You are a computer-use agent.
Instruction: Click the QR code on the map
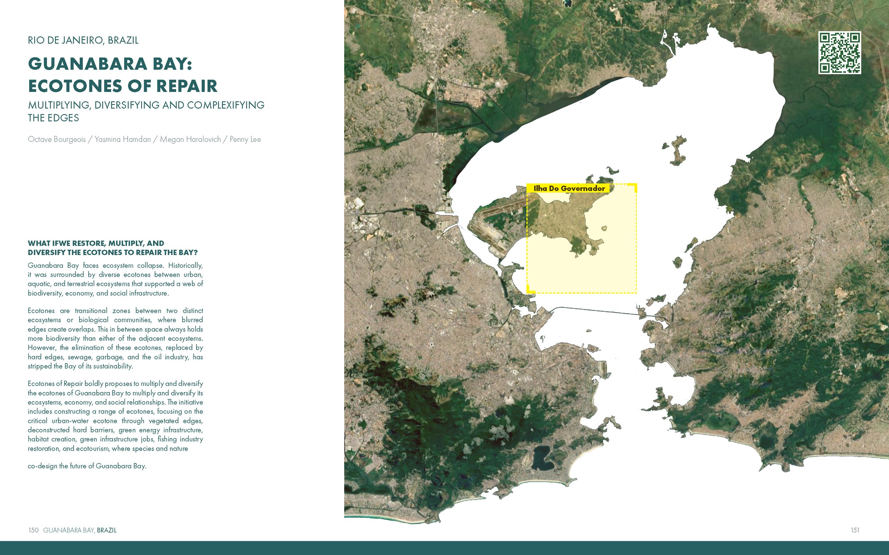(839, 53)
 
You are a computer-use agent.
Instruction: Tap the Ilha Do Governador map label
(569, 189)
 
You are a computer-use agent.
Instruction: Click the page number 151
(855, 530)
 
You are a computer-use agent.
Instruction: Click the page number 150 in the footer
(33, 530)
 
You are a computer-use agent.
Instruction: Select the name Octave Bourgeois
(57, 140)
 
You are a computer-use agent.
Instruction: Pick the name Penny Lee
(245, 140)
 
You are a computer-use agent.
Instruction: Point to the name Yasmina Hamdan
(123, 140)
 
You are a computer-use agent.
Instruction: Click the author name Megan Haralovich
(190, 140)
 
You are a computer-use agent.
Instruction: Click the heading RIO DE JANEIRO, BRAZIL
(83, 40)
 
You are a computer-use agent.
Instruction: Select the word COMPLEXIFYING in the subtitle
(226, 105)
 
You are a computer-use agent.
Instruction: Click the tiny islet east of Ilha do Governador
(603, 228)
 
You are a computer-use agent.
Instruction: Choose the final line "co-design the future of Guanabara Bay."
(87, 466)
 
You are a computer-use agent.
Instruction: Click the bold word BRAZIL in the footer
(107, 530)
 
